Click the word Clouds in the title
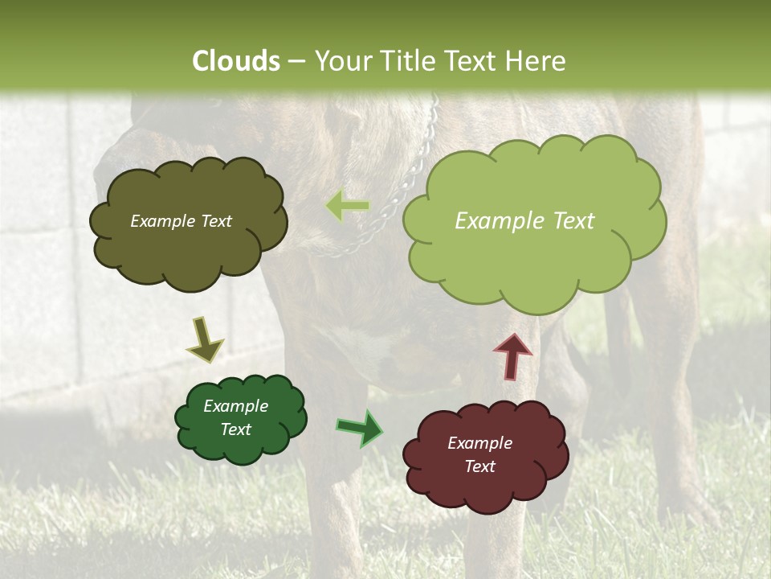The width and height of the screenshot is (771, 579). pos(236,61)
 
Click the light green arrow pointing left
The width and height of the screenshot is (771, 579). pos(348,206)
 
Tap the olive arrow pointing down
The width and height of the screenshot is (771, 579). pos(206,339)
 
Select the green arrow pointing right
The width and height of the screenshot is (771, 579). pos(359,428)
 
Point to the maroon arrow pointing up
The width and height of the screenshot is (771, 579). pos(512,356)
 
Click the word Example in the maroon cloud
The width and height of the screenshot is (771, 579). pos(479,443)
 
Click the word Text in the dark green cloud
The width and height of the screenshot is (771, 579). pos(236,429)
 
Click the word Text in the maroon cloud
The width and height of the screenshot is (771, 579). pos(479,466)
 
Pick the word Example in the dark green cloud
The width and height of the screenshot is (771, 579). pos(235,406)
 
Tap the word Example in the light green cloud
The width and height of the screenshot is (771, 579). pos(494,221)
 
